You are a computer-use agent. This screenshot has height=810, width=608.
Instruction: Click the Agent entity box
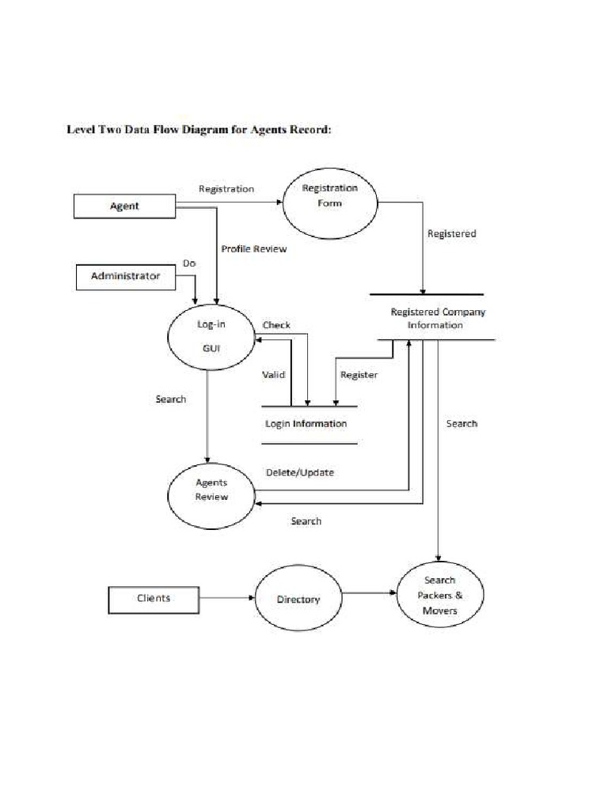coord(123,206)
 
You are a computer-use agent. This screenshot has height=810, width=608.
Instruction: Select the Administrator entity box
coord(125,277)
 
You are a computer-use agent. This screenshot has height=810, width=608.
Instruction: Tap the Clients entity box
coord(153,598)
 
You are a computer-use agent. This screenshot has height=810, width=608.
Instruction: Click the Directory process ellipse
coord(298,600)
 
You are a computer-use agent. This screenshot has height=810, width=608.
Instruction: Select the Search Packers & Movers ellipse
coord(439,595)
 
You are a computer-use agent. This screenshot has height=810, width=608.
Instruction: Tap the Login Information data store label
coord(306,424)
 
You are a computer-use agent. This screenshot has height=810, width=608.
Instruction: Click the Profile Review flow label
coord(253,248)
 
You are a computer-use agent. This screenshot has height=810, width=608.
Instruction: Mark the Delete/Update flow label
coord(299,473)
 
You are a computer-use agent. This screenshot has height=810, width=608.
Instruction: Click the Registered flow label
coord(451,234)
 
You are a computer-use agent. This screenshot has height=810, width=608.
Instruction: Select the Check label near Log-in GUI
coord(276,325)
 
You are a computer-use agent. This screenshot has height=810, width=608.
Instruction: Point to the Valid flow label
coord(274,375)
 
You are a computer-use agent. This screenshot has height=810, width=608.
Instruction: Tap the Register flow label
coord(359,375)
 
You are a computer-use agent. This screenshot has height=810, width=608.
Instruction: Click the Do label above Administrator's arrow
coord(189,263)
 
